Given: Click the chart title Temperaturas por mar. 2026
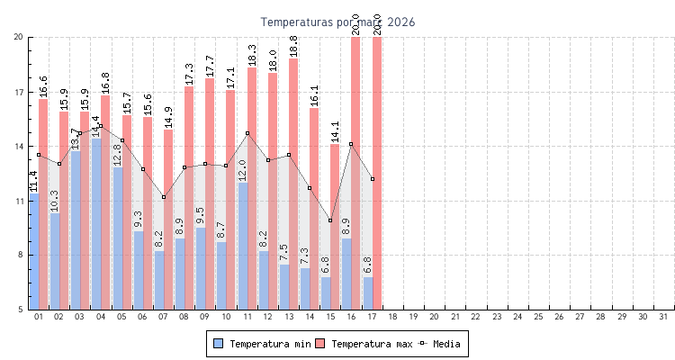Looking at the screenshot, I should [337, 22].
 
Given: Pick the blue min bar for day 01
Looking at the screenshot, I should [34, 251].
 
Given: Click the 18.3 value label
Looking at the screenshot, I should [252, 55].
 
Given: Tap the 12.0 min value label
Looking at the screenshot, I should [242, 170].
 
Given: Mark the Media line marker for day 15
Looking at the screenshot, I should [330, 220].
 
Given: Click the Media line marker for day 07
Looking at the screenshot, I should [164, 197].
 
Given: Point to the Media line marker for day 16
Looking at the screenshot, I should [351, 144].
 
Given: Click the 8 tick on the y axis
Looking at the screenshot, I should [21, 256].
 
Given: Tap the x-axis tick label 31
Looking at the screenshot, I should [664, 317].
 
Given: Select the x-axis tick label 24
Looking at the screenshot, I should [517, 317].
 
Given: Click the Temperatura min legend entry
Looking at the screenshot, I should [257, 344].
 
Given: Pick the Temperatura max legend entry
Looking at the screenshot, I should [363, 344].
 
